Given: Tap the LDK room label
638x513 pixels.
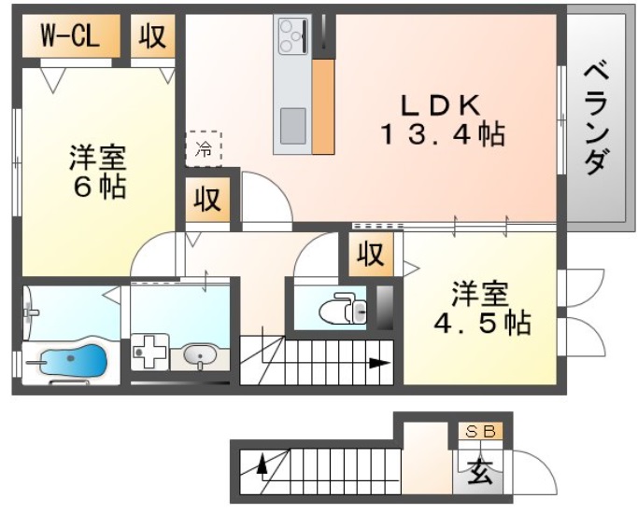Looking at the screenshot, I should pos(440,102).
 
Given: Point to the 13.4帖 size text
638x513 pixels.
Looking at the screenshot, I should pos(441,136).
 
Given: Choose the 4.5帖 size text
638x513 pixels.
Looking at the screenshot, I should pos(482,324).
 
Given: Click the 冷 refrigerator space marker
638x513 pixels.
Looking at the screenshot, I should pos(203,148).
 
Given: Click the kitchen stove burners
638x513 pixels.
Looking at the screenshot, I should pos(292,36).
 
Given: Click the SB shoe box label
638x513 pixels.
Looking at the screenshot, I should pos(480,432).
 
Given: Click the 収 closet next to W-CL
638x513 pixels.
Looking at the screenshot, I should pos(152,36).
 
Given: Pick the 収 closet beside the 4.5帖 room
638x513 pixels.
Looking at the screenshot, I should pos(371,254).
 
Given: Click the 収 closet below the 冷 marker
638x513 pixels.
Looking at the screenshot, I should pos(207,200).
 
